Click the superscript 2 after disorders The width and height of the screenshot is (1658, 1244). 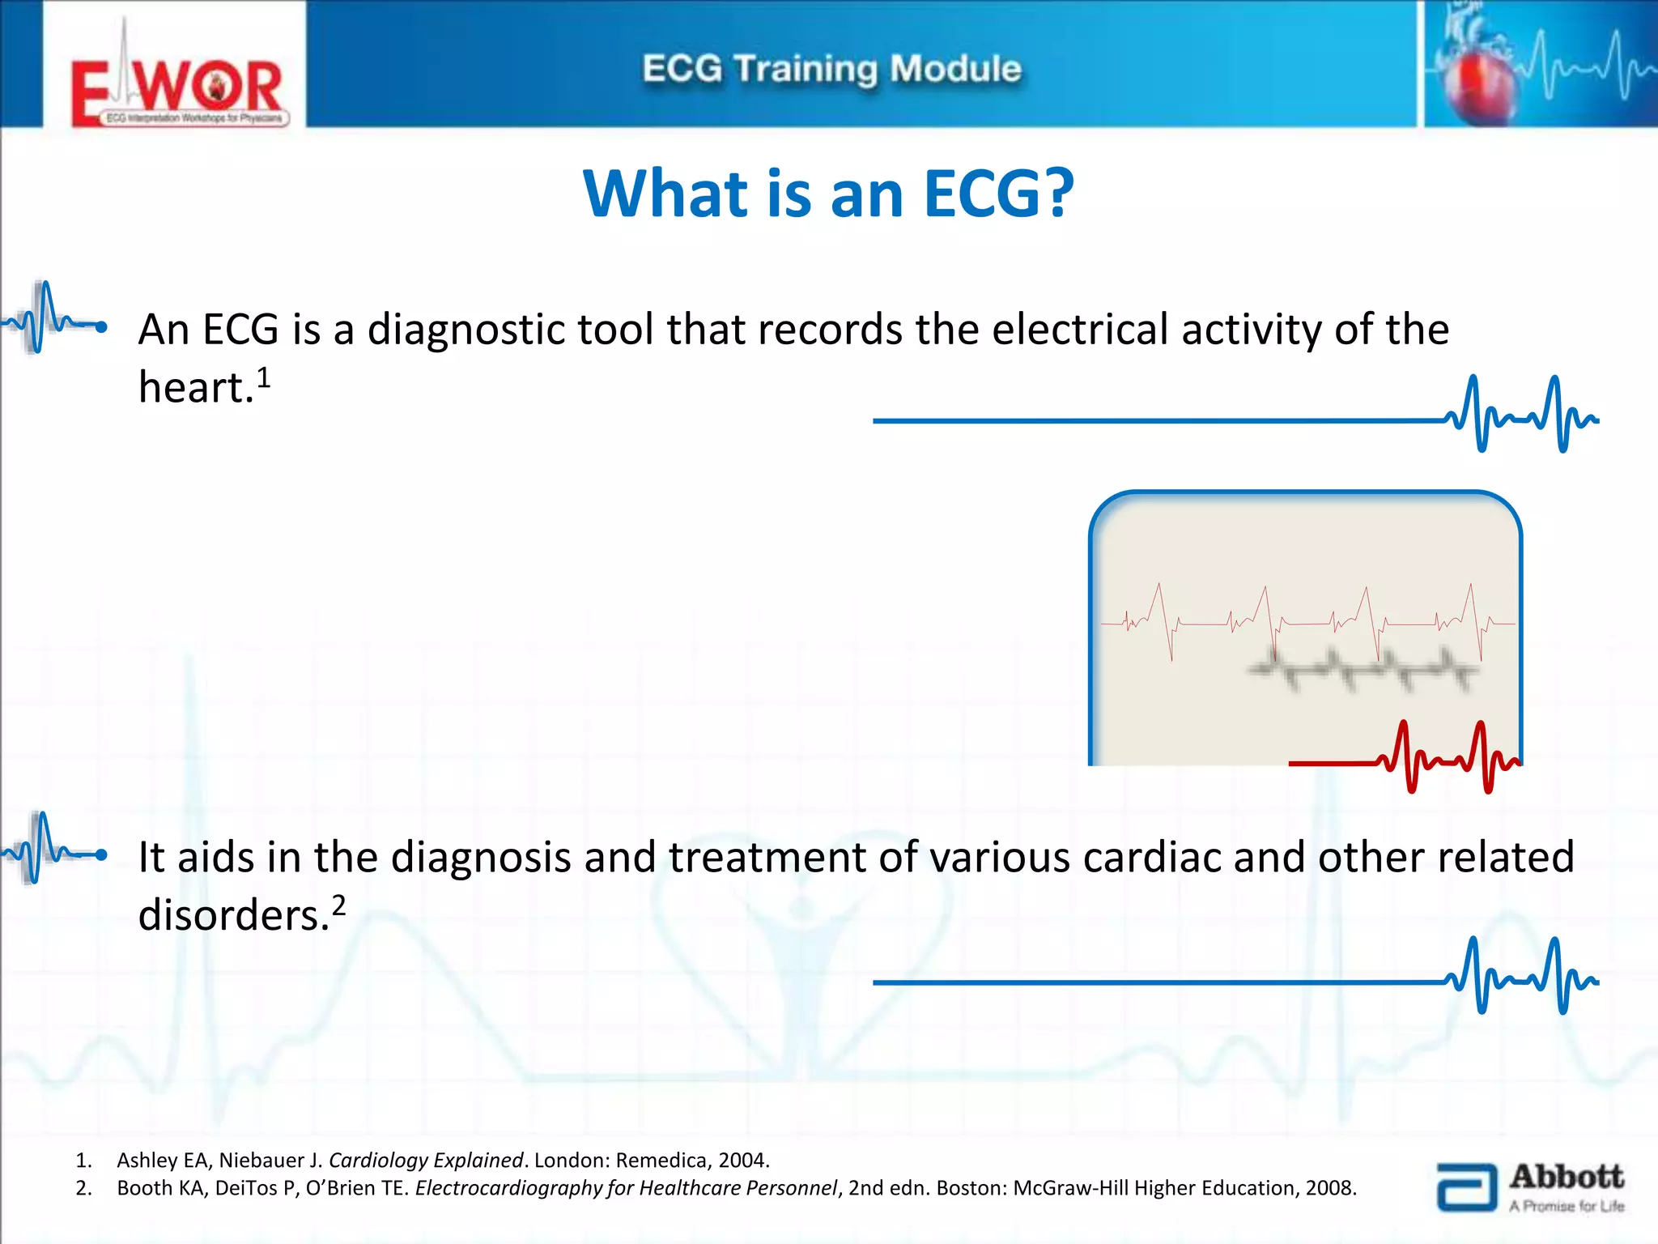[338, 905]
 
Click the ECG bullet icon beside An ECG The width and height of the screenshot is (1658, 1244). [53, 321]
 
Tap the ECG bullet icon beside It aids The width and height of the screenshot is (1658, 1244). [53, 850]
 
